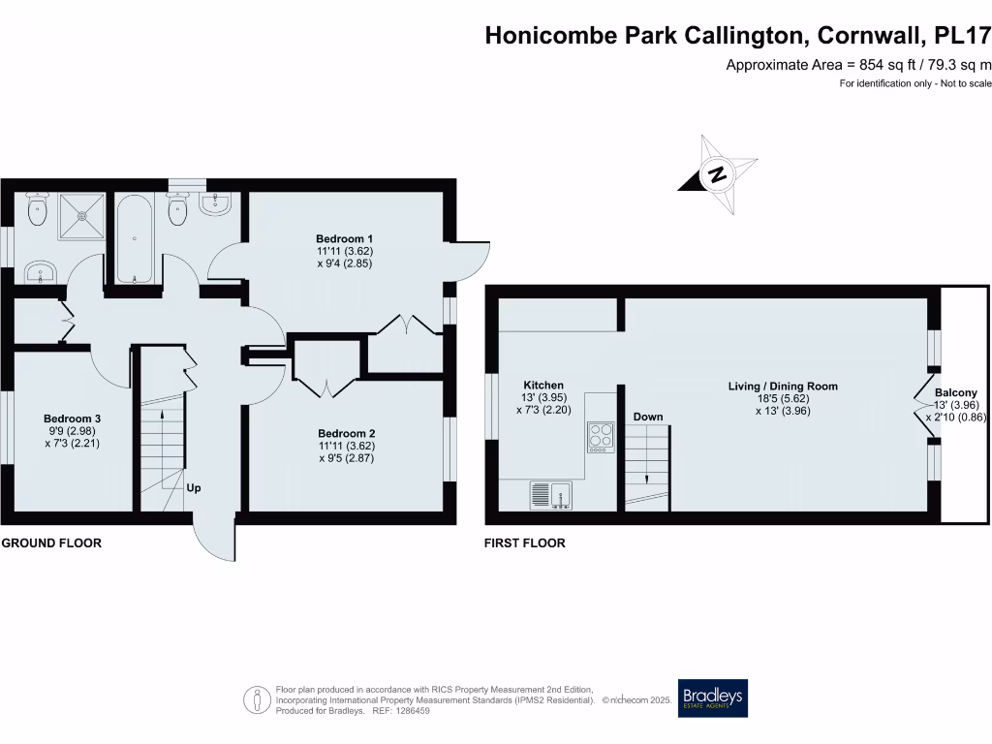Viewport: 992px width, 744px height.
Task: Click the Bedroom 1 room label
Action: pyautogui.click(x=344, y=238)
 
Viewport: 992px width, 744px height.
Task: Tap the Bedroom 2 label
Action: pyautogui.click(x=346, y=433)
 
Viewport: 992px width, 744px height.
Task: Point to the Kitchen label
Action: pyautogui.click(x=542, y=385)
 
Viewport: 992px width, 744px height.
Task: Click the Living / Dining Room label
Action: pyautogui.click(x=783, y=386)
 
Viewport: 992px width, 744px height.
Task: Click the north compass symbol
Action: pyautogui.click(x=717, y=175)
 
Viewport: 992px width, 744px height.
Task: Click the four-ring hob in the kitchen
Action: pyautogui.click(x=600, y=437)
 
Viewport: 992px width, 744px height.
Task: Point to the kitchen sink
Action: pyautogui.click(x=551, y=495)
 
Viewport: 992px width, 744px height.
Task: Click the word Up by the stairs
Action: pyautogui.click(x=194, y=487)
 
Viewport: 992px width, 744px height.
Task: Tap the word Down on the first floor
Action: pyautogui.click(x=648, y=417)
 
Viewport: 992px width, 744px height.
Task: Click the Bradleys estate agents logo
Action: pyautogui.click(x=713, y=697)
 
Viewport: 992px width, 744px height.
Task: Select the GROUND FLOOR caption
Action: pyautogui.click(x=51, y=543)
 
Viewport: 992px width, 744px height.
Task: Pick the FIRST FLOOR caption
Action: pyautogui.click(x=524, y=543)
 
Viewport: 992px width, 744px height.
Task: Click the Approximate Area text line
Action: pyautogui.click(x=858, y=65)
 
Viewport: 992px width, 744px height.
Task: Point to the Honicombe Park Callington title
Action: pyautogui.click(x=737, y=36)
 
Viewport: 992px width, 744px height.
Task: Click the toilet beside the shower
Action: pyautogui.click(x=39, y=210)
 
